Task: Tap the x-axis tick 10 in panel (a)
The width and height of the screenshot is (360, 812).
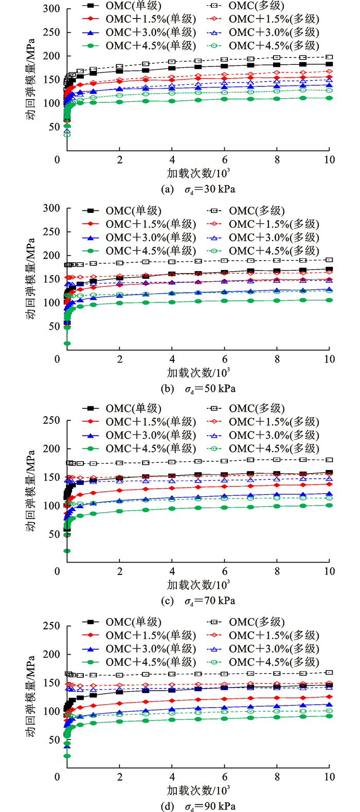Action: pos(329,159)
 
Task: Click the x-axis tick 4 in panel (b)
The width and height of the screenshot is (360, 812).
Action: pos(172,359)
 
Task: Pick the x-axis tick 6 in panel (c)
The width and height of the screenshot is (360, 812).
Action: pos(225,571)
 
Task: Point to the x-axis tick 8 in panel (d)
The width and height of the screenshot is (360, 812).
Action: pos(277,777)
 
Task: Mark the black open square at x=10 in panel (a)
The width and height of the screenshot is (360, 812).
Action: pos(329,57)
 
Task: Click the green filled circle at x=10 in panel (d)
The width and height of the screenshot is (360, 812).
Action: pos(329,716)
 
